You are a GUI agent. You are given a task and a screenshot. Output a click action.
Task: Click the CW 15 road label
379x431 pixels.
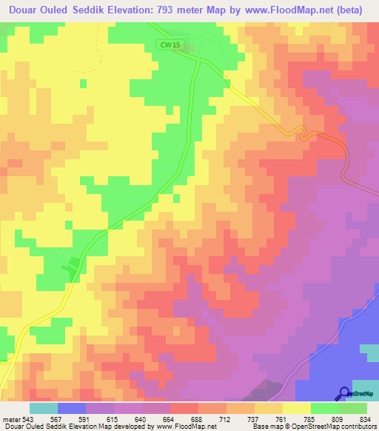click(170, 45)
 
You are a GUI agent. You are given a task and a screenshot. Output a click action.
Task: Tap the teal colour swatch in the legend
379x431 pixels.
click(44, 408)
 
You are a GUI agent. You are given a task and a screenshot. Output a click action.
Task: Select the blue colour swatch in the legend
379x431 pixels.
click(72, 408)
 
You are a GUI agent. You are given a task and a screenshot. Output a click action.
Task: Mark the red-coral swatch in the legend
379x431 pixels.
click(184, 408)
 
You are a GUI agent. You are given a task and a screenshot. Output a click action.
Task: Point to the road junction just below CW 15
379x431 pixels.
click(196, 61)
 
